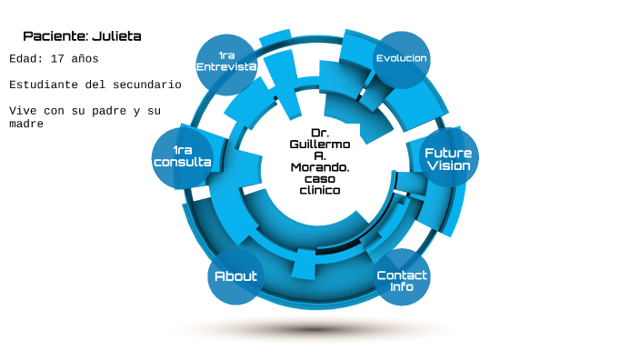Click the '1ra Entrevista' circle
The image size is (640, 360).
coord(226,63)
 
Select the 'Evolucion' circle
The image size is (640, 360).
coord(401,59)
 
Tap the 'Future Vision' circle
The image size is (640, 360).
coord(448,158)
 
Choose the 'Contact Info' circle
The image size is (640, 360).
coord(401,279)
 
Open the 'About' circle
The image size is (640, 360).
coord(235,275)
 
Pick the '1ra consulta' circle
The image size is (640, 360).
coord(182,156)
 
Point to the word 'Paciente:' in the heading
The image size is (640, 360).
coord(55,36)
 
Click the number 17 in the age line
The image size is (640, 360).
coord(57,58)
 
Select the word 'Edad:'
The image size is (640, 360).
coord(26,58)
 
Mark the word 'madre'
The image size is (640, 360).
coord(26,123)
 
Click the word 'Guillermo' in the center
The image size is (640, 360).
coord(319,145)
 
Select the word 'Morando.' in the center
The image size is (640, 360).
coord(319,167)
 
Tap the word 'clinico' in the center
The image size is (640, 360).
coord(319,191)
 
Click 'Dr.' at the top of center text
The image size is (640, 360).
coord(319,133)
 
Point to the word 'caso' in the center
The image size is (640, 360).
coord(319,179)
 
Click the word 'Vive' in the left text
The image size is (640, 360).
coord(23,111)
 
